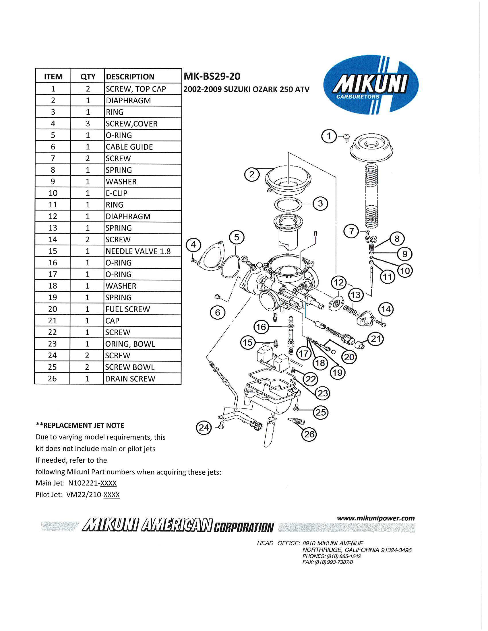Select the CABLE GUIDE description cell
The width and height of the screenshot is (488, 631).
[x=143, y=147]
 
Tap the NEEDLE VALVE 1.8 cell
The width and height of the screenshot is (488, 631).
[x=143, y=251]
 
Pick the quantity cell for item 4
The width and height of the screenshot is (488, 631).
[x=88, y=124]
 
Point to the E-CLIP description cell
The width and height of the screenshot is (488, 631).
[x=143, y=193]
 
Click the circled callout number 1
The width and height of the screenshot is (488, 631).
[x=329, y=136]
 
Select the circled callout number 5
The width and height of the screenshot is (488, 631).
[x=237, y=237]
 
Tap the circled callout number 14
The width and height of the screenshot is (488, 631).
[x=386, y=309]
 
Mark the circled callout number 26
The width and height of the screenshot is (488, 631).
[x=309, y=434]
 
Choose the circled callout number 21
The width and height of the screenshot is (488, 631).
[x=375, y=339]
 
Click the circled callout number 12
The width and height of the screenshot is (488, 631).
[x=338, y=283]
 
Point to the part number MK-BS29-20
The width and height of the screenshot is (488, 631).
[x=212, y=76]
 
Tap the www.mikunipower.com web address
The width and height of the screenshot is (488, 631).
[x=376, y=518]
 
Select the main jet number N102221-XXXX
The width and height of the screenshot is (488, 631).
[x=92, y=483]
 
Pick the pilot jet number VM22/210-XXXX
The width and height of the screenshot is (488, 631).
[x=93, y=495]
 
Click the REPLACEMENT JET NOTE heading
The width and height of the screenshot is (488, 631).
[x=80, y=425]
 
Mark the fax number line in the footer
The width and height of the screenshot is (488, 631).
[x=328, y=562]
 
